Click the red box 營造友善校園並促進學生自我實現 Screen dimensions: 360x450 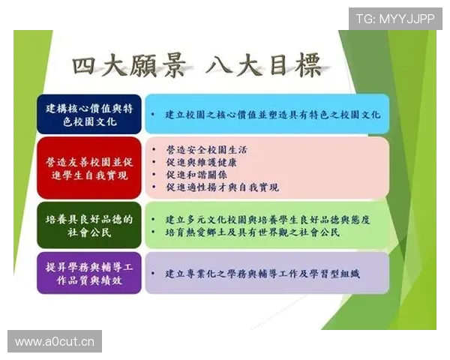(88, 168)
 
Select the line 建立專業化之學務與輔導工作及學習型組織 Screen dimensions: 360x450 (262, 274)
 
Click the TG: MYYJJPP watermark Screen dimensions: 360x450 (394, 18)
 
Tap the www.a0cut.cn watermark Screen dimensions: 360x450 (54, 342)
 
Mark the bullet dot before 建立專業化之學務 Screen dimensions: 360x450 (153, 274)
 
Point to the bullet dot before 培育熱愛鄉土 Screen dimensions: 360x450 (153, 233)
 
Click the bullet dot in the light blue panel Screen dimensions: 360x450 (153, 115)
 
